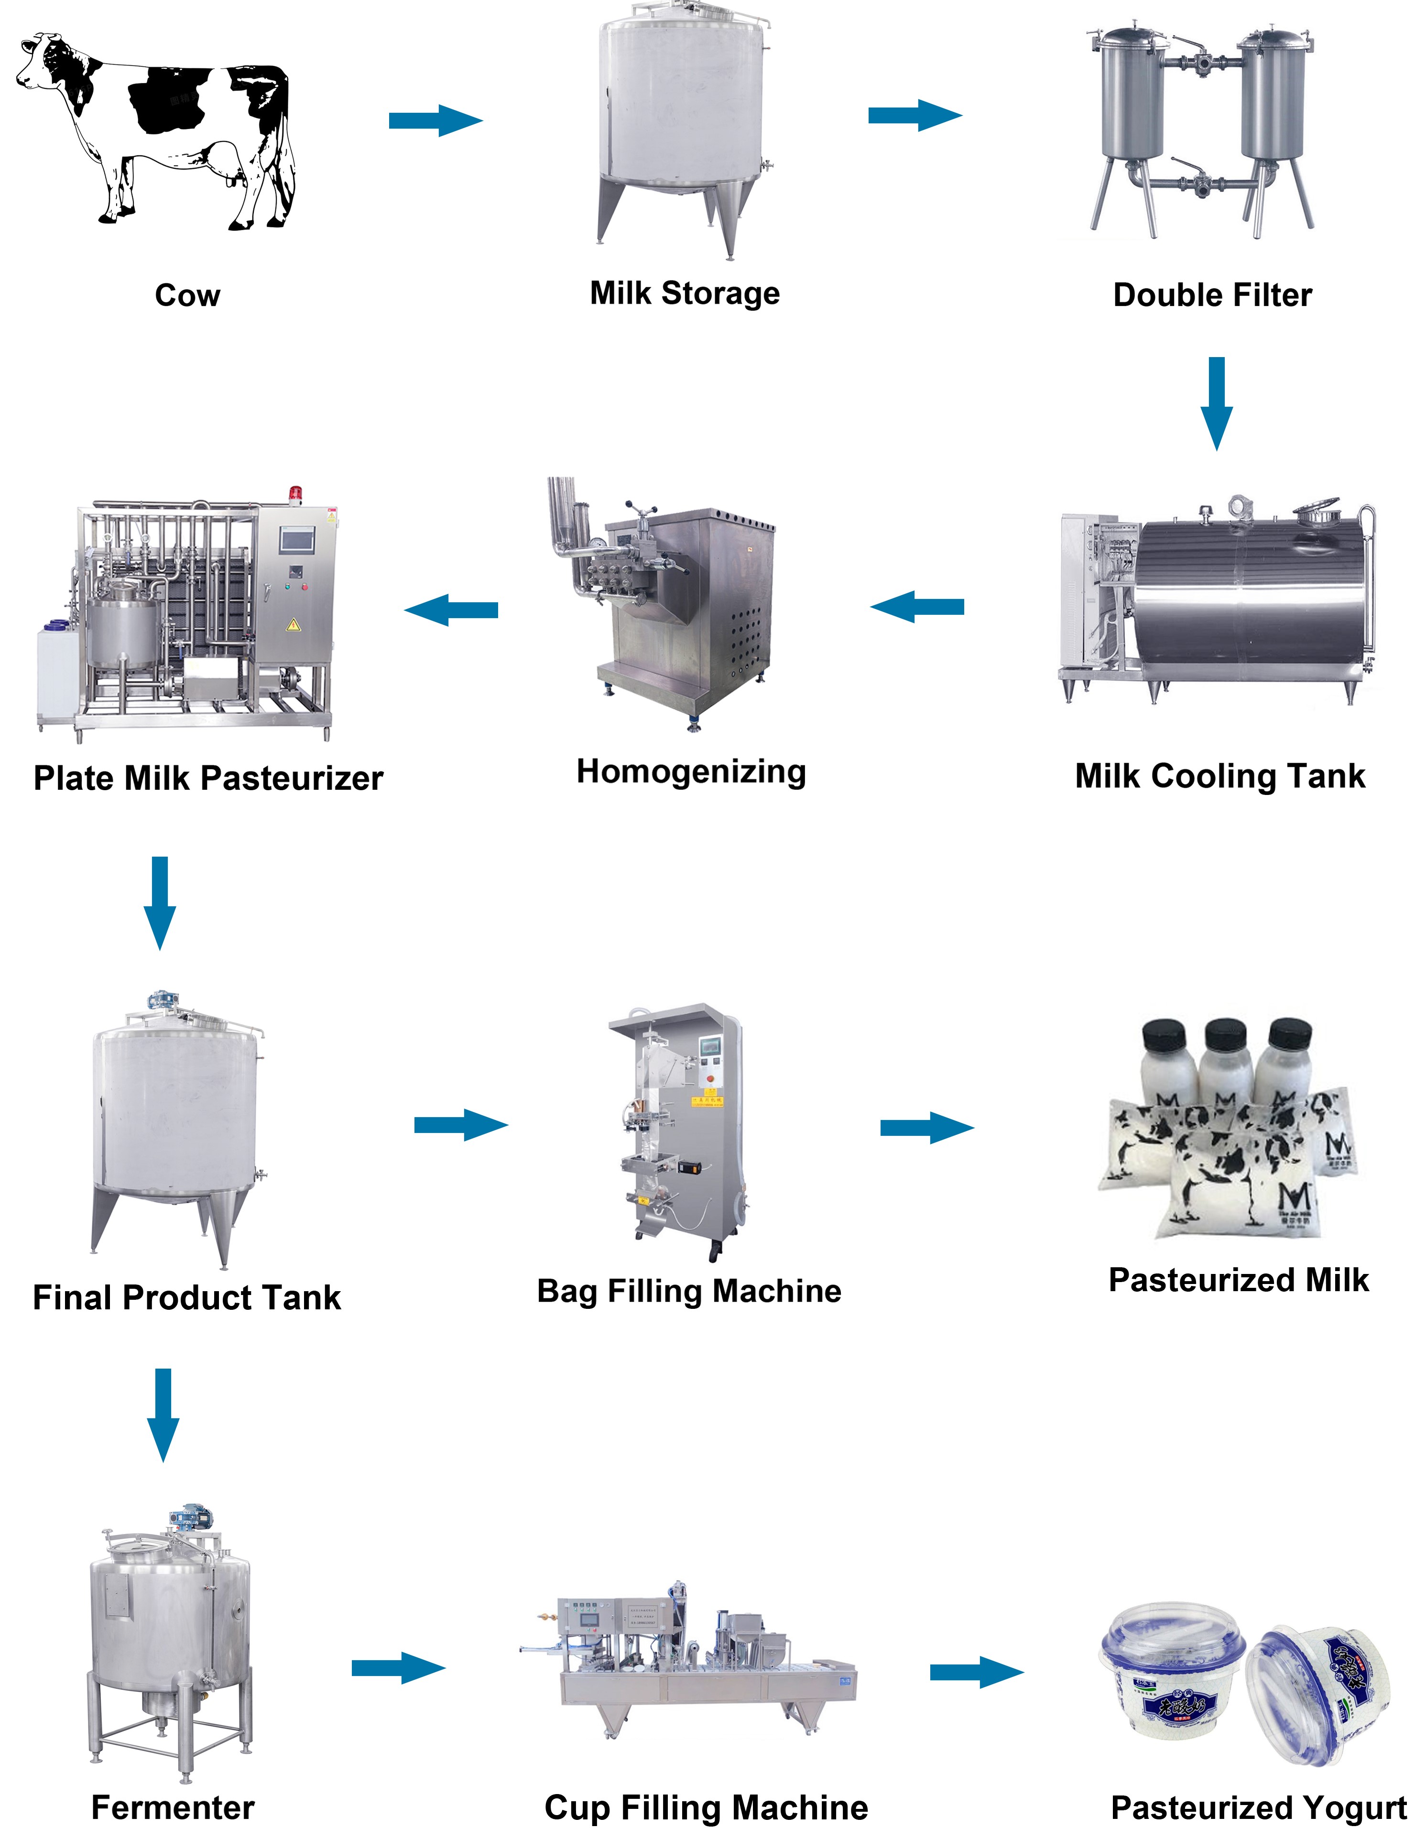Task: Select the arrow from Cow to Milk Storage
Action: tap(435, 120)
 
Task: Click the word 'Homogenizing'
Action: tap(691, 772)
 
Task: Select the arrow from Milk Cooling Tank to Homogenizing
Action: tap(917, 607)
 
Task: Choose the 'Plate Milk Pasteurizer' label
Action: tap(208, 778)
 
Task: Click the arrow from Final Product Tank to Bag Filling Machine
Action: tap(460, 1125)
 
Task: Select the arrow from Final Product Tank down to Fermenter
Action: tap(163, 1415)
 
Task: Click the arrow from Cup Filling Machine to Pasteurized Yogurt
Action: tap(976, 1672)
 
